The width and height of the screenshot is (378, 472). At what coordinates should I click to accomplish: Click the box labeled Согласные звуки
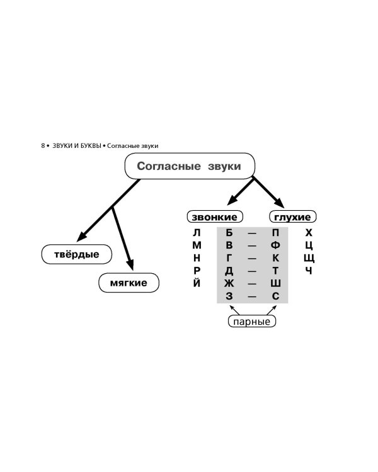tap(190, 167)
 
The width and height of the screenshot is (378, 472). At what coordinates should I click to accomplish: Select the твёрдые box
tap(76, 254)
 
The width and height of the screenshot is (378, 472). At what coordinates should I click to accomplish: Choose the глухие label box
tap(293, 217)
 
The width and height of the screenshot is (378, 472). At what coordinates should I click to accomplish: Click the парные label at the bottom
tap(252, 322)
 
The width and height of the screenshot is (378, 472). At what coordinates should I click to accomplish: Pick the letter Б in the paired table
tap(229, 233)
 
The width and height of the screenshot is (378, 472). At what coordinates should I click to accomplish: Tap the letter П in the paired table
tap(275, 233)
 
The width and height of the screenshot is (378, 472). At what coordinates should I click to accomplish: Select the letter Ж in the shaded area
tap(229, 283)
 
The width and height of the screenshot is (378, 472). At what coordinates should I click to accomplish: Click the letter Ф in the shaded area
tap(275, 245)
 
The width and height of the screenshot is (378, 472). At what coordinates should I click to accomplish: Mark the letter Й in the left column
tap(197, 283)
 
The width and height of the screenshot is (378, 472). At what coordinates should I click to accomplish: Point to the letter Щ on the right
tap(309, 258)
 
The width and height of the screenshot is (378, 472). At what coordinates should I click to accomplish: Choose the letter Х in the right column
tap(309, 233)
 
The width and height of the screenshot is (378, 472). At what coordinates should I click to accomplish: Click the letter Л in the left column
tap(197, 233)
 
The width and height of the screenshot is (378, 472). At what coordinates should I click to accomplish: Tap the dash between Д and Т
tap(252, 271)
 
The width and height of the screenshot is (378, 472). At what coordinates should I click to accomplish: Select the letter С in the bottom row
tap(275, 296)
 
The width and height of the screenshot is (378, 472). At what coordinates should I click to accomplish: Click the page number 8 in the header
tap(43, 146)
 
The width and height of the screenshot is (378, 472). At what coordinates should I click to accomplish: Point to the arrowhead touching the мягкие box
tap(131, 265)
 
